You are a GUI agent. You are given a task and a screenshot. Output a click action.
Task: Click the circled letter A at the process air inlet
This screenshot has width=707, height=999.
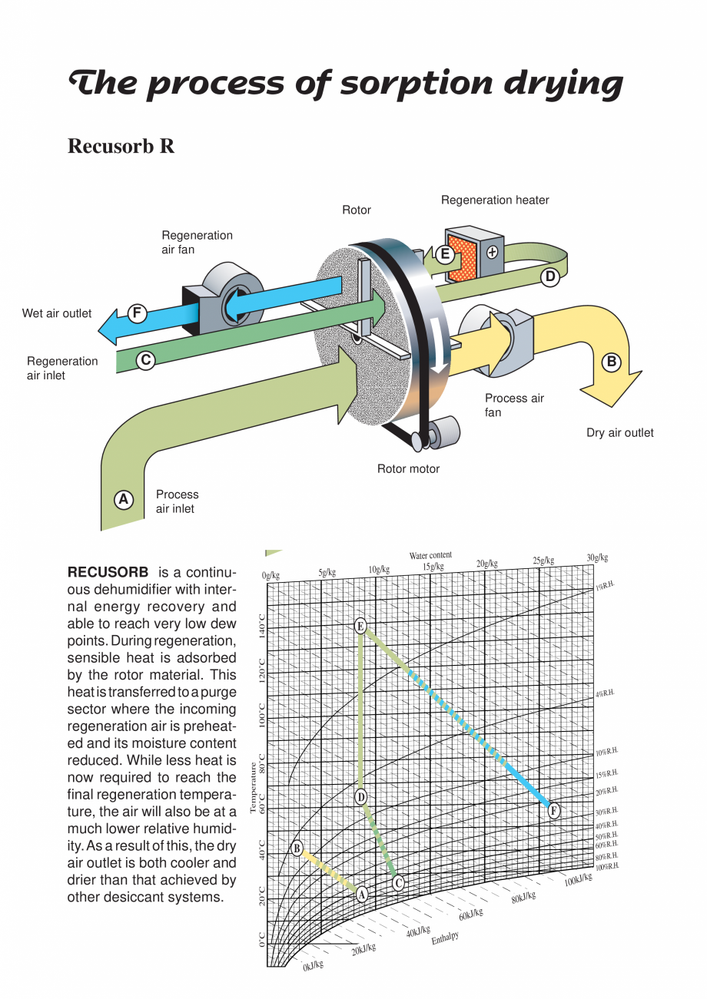[123, 500]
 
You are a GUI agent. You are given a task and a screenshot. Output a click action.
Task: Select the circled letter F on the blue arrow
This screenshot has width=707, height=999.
[137, 313]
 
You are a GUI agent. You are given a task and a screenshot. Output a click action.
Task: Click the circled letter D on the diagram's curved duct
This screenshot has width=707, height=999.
[549, 277]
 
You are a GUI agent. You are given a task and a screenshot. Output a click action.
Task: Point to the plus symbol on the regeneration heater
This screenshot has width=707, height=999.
[492, 251]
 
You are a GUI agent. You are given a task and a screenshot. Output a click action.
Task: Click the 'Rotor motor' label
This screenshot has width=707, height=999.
[408, 469]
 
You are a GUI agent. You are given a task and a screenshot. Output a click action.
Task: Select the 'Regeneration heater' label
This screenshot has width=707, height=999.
[495, 200]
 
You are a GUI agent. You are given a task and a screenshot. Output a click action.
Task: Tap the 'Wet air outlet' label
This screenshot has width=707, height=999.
[57, 313]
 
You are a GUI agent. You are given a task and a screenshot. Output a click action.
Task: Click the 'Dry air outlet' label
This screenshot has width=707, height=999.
[620, 433]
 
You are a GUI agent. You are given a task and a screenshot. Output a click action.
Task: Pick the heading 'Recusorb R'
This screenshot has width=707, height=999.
[121, 146]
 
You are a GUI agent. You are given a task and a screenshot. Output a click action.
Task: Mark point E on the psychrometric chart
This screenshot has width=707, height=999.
[360, 626]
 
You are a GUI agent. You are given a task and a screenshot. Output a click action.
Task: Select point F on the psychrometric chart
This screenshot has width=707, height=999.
[553, 811]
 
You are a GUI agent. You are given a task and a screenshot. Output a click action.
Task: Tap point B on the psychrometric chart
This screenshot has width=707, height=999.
[297, 848]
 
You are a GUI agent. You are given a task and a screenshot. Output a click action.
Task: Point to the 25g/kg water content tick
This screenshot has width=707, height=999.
[543, 561]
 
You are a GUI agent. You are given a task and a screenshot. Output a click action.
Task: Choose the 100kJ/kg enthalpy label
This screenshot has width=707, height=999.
[578, 879]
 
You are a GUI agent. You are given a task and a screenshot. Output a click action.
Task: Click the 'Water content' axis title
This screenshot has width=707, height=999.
[430, 555]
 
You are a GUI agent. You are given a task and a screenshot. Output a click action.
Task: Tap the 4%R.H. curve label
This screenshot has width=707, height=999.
[606, 693]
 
